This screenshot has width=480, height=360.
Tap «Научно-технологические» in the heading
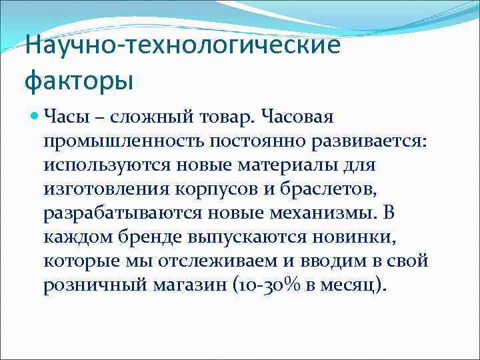tap(182, 47)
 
